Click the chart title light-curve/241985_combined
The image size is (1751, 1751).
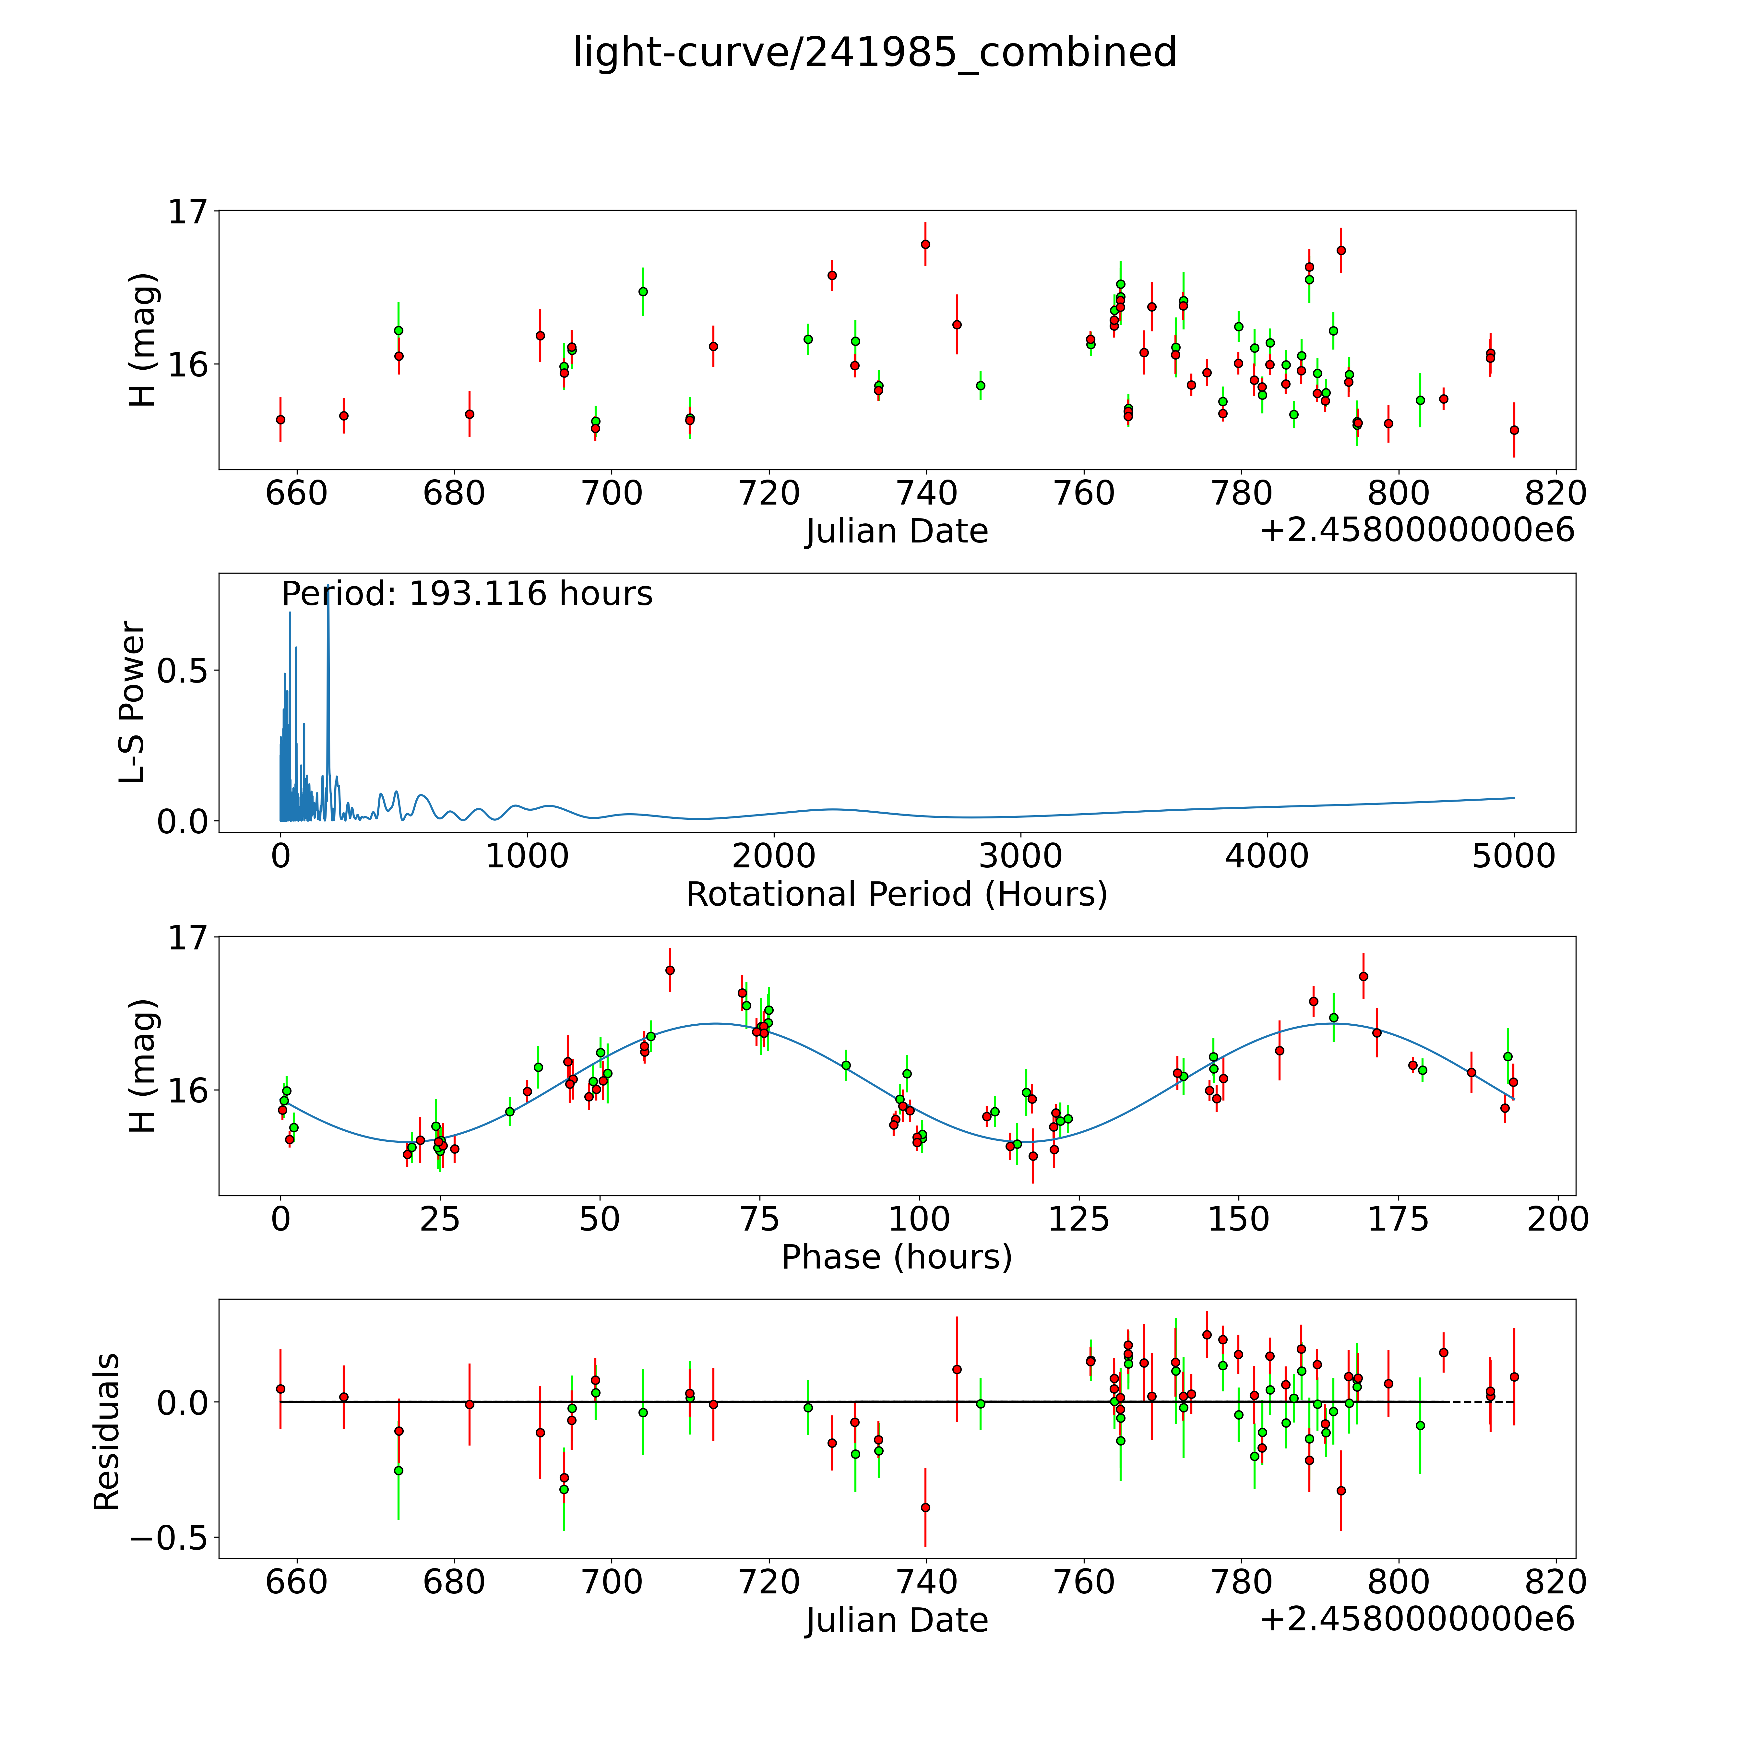tap(875, 53)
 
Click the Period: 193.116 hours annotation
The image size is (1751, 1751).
tap(467, 594)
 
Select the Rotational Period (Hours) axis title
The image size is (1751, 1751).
tap(896, 895)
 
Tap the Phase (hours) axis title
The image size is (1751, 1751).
tap(896, 1257)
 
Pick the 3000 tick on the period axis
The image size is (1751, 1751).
tap(1020, 856)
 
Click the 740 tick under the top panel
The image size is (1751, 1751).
tap(926, 494)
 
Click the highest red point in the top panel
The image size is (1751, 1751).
tap(925, 244)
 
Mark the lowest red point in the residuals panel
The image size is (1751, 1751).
tap(925, 1507)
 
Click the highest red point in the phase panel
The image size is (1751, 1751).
tap(670, 970)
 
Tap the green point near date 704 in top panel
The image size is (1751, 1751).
tap(643, 291)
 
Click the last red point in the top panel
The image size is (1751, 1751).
tap(1514, 430)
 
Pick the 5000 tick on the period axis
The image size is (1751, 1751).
tap(1514, 856)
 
